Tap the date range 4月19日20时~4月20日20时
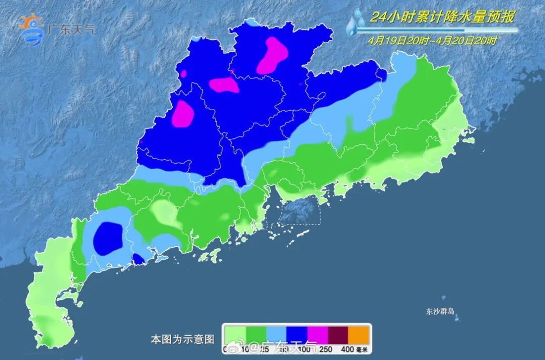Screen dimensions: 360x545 (432, 41)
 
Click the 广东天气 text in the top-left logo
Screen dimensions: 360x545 (70, 29)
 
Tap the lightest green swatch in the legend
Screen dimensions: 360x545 (235, 334)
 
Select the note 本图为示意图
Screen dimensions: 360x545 (183, 339)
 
